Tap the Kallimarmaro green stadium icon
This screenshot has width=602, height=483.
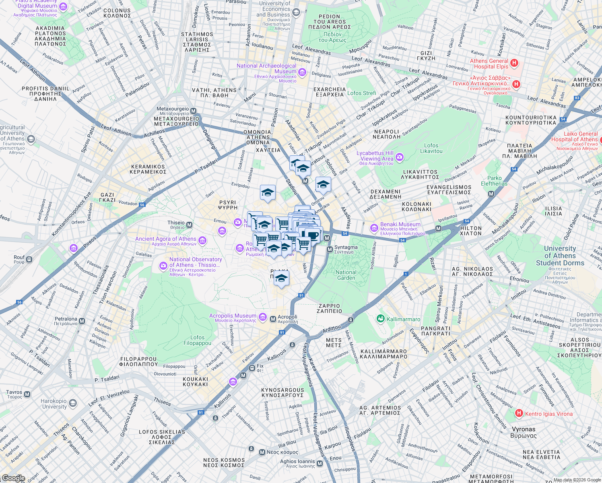(x=380, y=319)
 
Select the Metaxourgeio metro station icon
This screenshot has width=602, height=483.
(x=193, y=111)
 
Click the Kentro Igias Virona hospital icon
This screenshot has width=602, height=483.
(x=519, y=413)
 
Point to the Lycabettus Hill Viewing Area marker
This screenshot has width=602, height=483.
(x=399, y=157)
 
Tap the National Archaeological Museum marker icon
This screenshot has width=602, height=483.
(x=302, y=72)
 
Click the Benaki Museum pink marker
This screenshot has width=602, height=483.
(x=374, y=228)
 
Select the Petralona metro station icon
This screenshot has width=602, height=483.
(x=82, y=321)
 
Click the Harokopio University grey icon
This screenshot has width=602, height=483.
(x=72, y=403)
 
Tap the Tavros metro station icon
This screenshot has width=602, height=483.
(x=27, y=394)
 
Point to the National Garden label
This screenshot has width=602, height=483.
(x=346, y=275)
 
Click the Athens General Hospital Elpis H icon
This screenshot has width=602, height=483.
(x=514, y=63)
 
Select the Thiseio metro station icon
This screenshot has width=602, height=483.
(x=189, y=225)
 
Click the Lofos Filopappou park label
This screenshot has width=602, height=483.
(x=197, y=341)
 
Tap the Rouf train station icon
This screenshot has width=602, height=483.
(x=29, y=260)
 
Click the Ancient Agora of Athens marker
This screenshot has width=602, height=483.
(x=202, y=241)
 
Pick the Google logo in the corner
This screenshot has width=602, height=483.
(x=13, y=478)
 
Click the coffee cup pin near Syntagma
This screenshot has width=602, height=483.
(x=313, y=235)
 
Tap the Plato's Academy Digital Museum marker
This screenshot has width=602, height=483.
(x=63, y=6)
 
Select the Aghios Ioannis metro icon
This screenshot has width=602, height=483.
(x=320, y=464)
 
